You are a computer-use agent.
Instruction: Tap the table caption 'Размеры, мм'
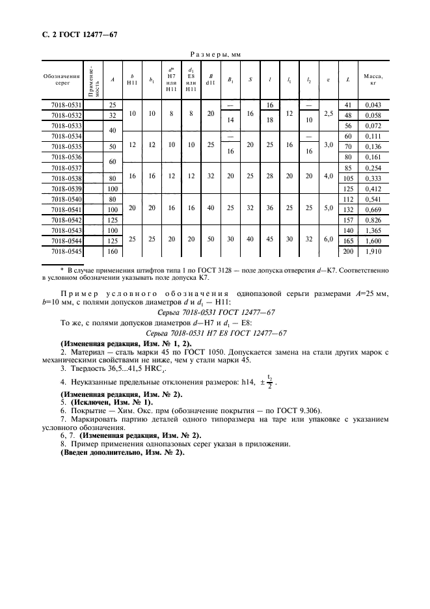(215, 57)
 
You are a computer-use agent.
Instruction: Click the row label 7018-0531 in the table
(66, 105)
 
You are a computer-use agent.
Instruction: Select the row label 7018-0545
(66, 250)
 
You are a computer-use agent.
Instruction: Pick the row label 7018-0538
(66, 178)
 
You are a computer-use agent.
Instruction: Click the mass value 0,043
(373, 105)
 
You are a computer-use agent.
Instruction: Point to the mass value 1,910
(373, 250)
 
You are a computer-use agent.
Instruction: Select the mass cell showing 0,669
(373, 209)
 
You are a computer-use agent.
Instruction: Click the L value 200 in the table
(348, 250)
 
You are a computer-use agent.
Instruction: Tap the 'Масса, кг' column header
(373, 80)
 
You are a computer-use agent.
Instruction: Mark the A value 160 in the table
(113, 250)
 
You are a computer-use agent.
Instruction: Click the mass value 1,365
(373, 230)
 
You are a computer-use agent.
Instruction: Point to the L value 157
(348, 219)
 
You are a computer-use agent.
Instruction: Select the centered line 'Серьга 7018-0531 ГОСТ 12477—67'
(215, 312)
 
